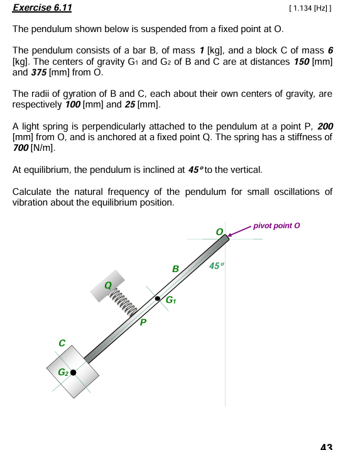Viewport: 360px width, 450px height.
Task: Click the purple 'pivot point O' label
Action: click(x=276, y=225)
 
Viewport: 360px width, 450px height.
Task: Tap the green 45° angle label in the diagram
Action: click(x=216, y=266)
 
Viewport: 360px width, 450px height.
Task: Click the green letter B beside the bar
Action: click(x=176, y=269)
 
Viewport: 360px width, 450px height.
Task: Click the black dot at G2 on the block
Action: click(x=74, y=372)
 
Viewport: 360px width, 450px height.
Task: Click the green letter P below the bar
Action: click(x=143, y=322)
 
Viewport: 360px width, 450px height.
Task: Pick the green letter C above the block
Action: click(x=62, y=343)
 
